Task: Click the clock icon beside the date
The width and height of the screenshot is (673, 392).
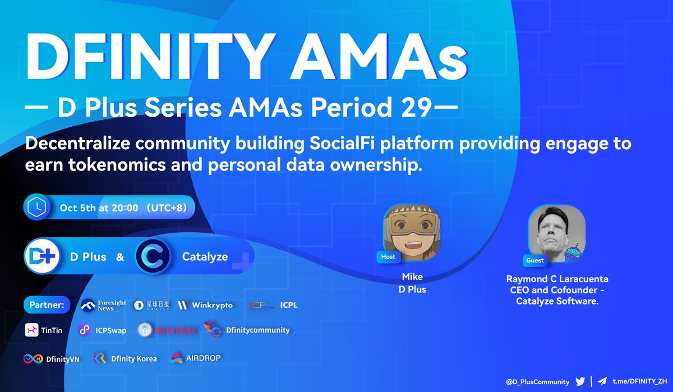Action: pyautogui.click(x=36, y=207)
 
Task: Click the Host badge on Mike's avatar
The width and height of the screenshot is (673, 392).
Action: pyautogui.click(x=388, y=257)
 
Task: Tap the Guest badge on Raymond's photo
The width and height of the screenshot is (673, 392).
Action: pyautogui.click(x=534, y=260)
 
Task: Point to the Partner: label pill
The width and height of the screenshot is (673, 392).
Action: pyautogui.click(x=46, y=306)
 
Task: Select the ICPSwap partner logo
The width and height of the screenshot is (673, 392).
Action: pyautogui.click(x=102, y=330)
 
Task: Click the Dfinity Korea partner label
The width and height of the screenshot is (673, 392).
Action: pyautogui.click(x=126, y=358)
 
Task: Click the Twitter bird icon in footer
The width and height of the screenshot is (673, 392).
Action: pyautogui.click(x=579, y=381)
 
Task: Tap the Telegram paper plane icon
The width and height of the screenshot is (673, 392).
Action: pyautogui.click(x=602, y=381)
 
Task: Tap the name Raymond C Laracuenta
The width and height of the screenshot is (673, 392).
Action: pyautogui.click(x=557, y=279)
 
